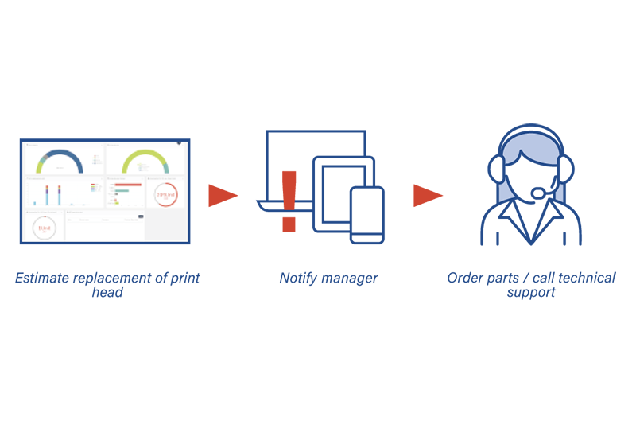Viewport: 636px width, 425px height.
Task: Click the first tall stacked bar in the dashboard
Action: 47,196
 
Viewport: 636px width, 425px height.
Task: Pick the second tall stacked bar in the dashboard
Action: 58,196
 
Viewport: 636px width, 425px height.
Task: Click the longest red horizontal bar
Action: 128,184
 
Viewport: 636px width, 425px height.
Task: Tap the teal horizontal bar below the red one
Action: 122,191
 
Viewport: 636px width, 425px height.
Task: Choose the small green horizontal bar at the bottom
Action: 115,203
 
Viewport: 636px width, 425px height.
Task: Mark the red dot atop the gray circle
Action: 45,215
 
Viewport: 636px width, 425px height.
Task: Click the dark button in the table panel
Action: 141,216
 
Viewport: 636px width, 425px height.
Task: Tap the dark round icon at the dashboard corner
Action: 180,143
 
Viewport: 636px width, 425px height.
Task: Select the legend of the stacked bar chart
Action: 94,188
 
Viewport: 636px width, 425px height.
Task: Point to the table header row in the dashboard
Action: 103,220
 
